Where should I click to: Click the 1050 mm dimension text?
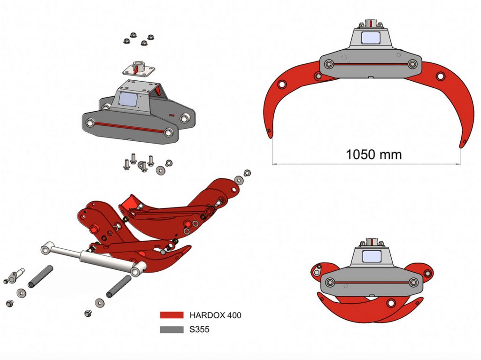click(x=374, y=154)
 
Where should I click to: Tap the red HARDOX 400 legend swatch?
click(x=171, y=315)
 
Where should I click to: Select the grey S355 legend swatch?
click(x=171, y=329)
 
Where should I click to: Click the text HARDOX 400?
click(x=215, y=315)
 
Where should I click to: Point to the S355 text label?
click(x=200, y=329)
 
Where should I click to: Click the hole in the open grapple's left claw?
click(x=282, y=84)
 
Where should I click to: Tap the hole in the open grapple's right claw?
click(x=440, y=76)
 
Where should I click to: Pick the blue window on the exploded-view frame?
click(x=128, y=99)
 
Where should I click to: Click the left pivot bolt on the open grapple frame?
click(x=329, y=64)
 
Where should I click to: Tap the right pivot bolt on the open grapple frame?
click(x=412, y=64)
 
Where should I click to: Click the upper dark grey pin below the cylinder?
click(x=40, y=276)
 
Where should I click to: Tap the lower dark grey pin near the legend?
click(x=118, y=286)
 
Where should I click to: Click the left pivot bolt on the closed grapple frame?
click(x=330, y=282)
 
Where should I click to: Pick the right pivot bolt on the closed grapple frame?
click(x=413, y=282)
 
